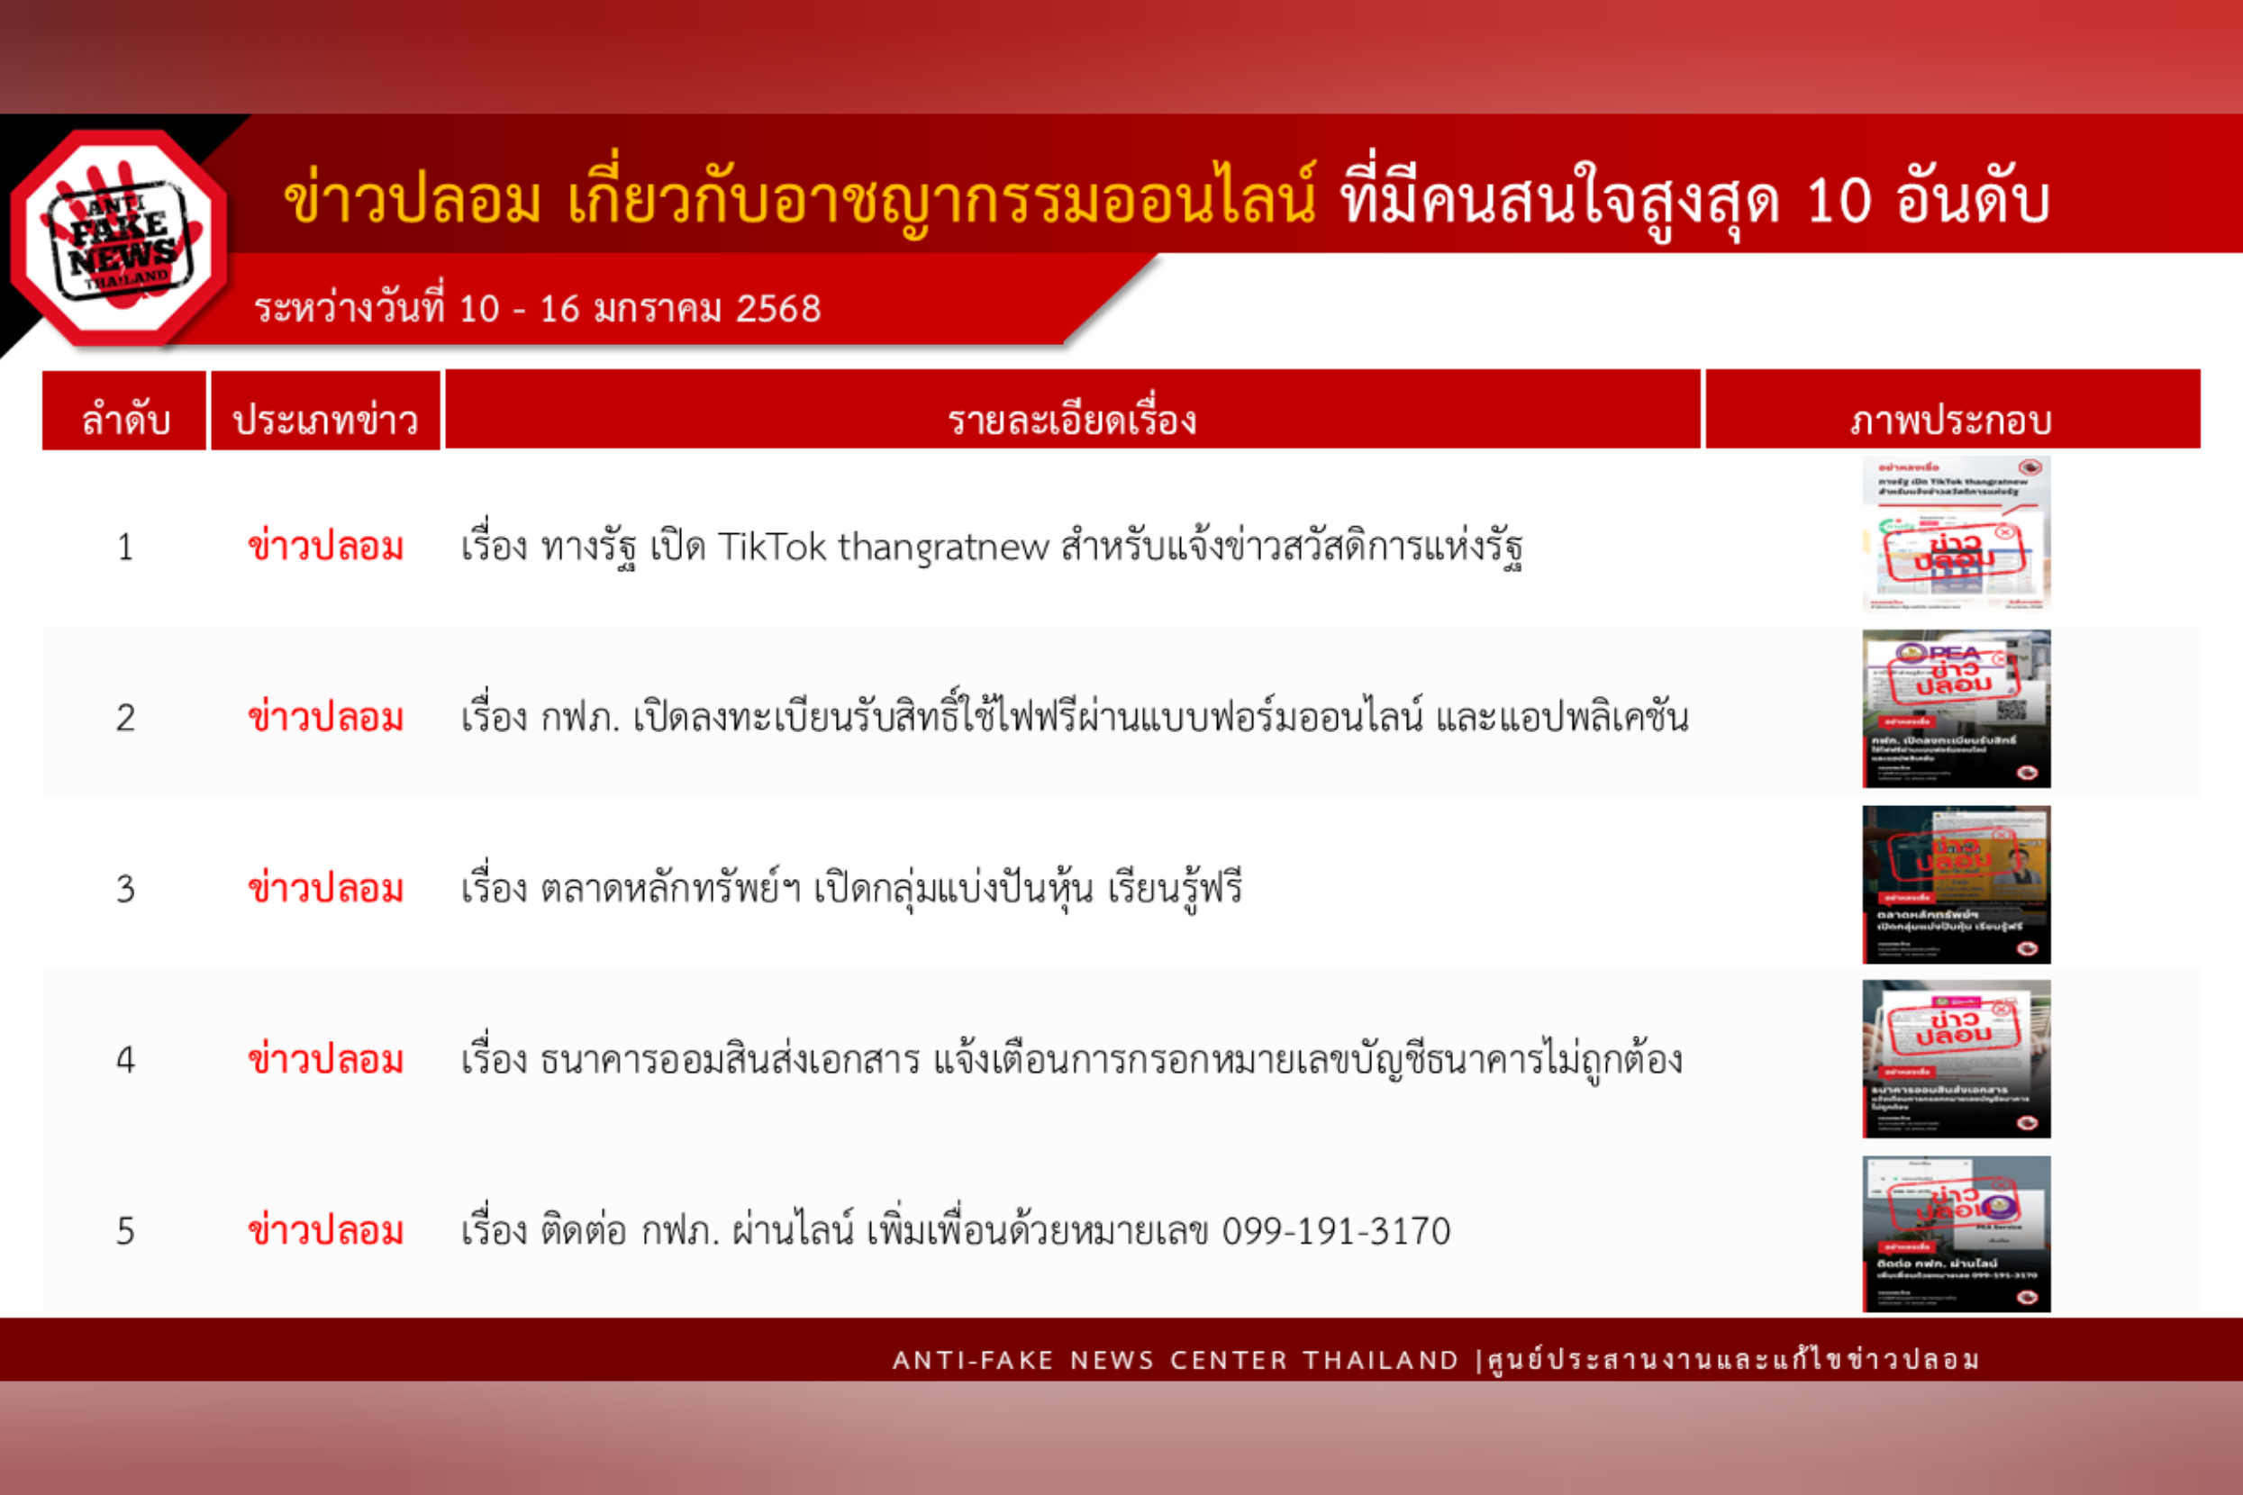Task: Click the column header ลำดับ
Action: click(125, 419)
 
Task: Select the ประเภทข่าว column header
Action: click(325, 419)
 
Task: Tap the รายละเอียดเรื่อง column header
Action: click(1072, 419)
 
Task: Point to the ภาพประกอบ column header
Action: click(1951, 419)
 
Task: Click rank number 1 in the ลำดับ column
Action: click(125, 548)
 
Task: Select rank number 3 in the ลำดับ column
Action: click(125, 890)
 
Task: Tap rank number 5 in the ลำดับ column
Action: click(125, 1232)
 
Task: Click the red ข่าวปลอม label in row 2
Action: click(325, 717)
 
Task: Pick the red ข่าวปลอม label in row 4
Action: click(325, 1059)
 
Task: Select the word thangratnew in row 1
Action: click(943, 548)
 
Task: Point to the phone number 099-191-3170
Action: click(1336, 1232)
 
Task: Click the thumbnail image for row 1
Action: click(1956, 533)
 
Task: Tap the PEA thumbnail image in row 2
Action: click(1956, 709)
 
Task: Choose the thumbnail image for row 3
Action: click(1956, 883)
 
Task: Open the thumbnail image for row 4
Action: click(1956, 1058)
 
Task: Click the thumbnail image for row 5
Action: click(1956, 1234)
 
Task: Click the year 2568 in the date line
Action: click(778, 309)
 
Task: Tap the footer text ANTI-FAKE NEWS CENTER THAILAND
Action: click(1175, 1360)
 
